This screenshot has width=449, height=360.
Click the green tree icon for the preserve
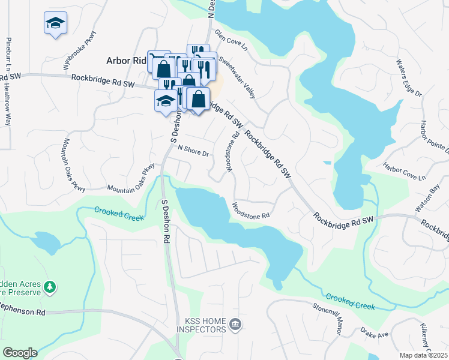click(52, 287)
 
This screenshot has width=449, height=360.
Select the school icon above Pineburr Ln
click(55, 24)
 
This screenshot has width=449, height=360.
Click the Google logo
click(20, 353)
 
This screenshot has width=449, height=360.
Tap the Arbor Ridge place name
click(126, 61)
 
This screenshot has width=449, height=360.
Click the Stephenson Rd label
click(23, 313)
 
